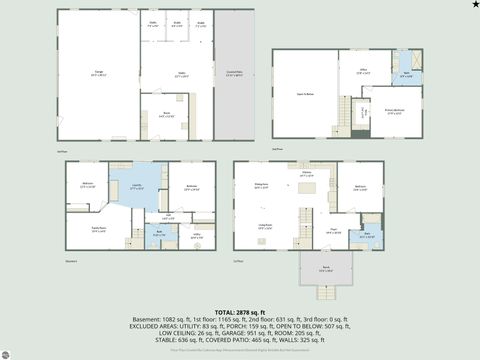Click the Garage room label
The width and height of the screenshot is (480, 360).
click(97, 74)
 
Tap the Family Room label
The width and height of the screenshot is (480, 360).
click(87, 228)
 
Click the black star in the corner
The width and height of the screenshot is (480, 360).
click(474, 5)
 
